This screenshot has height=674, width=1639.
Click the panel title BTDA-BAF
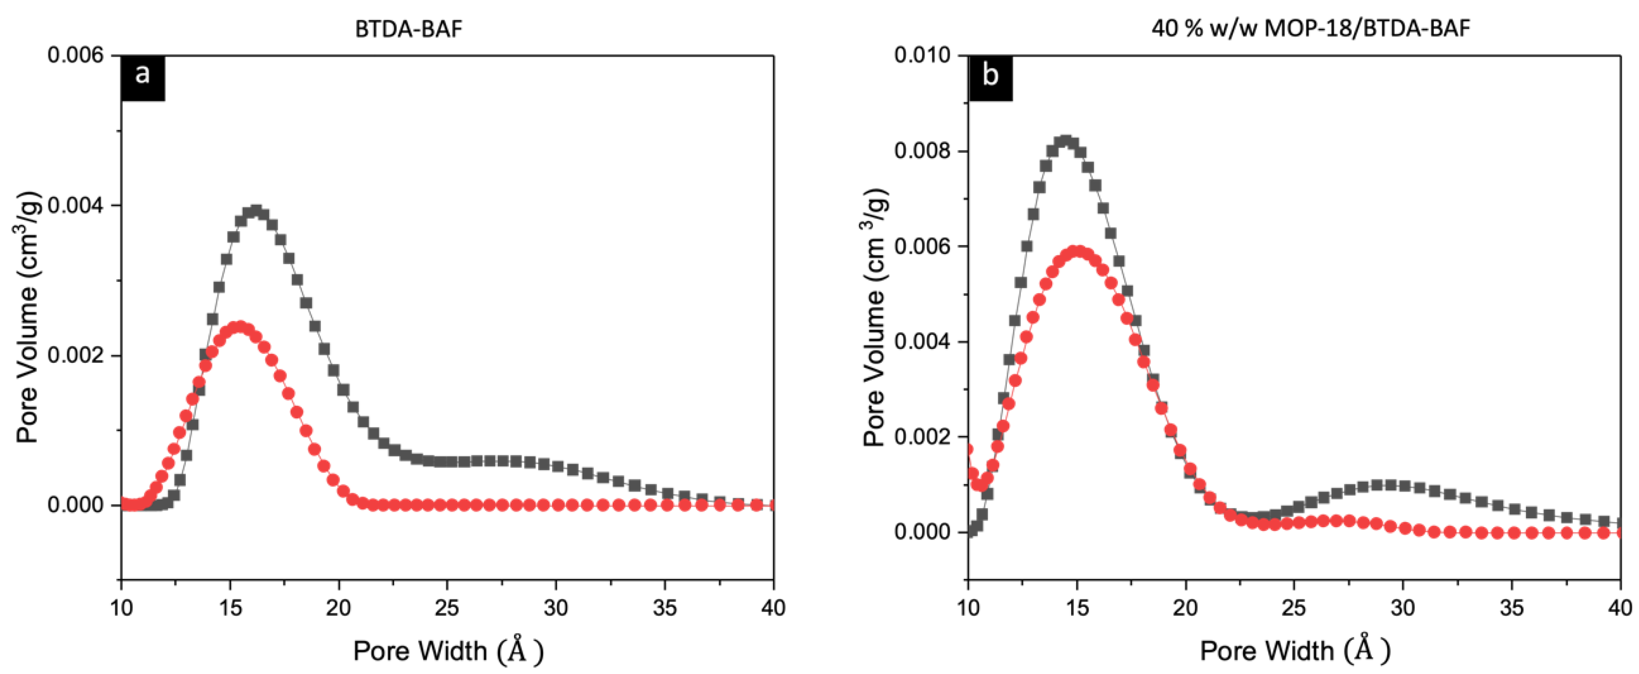(x=408, y=29)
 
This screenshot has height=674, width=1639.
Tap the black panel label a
(x=143, y=75)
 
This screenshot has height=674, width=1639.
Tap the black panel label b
(x=990, y=75)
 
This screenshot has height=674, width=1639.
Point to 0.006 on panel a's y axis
(x=75, y=56)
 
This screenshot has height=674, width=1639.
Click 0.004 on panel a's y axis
(x=75, y=206)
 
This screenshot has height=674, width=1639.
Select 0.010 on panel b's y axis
(x=922, y=56)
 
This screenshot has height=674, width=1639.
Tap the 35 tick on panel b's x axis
(x=1512, y=608)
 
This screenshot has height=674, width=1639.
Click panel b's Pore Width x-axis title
(x=1295, y=650)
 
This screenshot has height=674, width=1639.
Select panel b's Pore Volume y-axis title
(x=875, y=317)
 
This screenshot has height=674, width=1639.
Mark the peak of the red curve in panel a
(x=240, y=327)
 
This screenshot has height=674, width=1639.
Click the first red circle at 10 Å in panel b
(x=968, y=449)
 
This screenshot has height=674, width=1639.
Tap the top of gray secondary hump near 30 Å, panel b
(x=1389, y=485)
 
